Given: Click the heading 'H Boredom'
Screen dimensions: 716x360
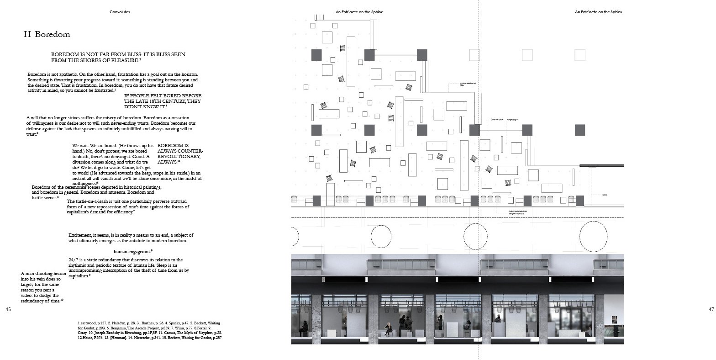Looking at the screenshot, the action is [47, 35].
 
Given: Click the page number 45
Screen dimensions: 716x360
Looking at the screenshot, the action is [8, 309].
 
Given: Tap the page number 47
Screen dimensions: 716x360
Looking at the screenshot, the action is [711, 309].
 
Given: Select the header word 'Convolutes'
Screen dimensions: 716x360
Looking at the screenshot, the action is [120, 12].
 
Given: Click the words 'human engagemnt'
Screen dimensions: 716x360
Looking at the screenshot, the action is [132, 251].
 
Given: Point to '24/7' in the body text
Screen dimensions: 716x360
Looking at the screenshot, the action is [74, 260].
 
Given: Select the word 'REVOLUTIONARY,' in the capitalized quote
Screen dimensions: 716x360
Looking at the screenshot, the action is [180, 156].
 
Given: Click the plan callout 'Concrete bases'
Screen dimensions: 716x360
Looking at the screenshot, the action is [497, 119].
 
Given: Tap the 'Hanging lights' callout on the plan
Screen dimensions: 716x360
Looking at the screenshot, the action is [512, 119].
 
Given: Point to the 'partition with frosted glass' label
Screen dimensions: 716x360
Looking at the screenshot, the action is [469, 85].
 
